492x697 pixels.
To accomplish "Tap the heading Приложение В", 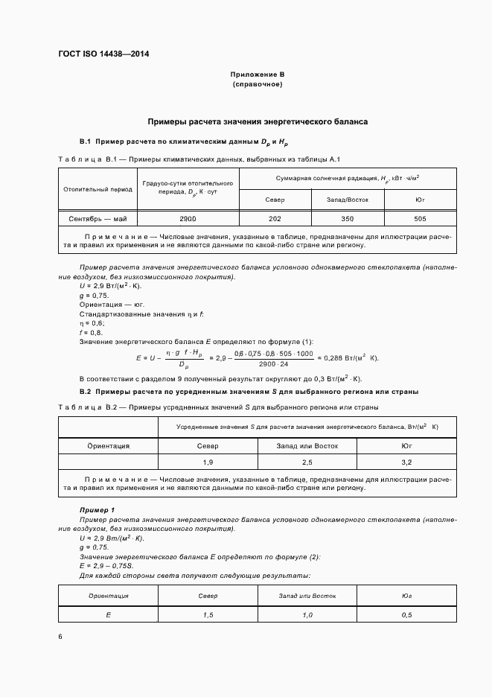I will (258, 74).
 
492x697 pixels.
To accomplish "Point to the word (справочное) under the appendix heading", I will (258, 85).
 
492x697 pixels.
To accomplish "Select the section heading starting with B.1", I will (183, 141).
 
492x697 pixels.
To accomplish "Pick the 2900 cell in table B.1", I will (188, 219).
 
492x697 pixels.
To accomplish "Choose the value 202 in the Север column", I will (275, 219).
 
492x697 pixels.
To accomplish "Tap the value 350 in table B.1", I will (347, 219).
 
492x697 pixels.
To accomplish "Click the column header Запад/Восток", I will (347, 200).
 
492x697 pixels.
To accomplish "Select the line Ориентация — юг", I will (112, 305).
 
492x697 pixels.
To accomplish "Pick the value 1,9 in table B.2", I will (208, 462).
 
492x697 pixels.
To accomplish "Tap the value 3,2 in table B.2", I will (406, 462).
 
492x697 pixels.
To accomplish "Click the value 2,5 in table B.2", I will (307, 462).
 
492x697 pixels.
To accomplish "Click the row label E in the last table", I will (109, 614).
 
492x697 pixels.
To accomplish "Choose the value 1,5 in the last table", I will (208, 614).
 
